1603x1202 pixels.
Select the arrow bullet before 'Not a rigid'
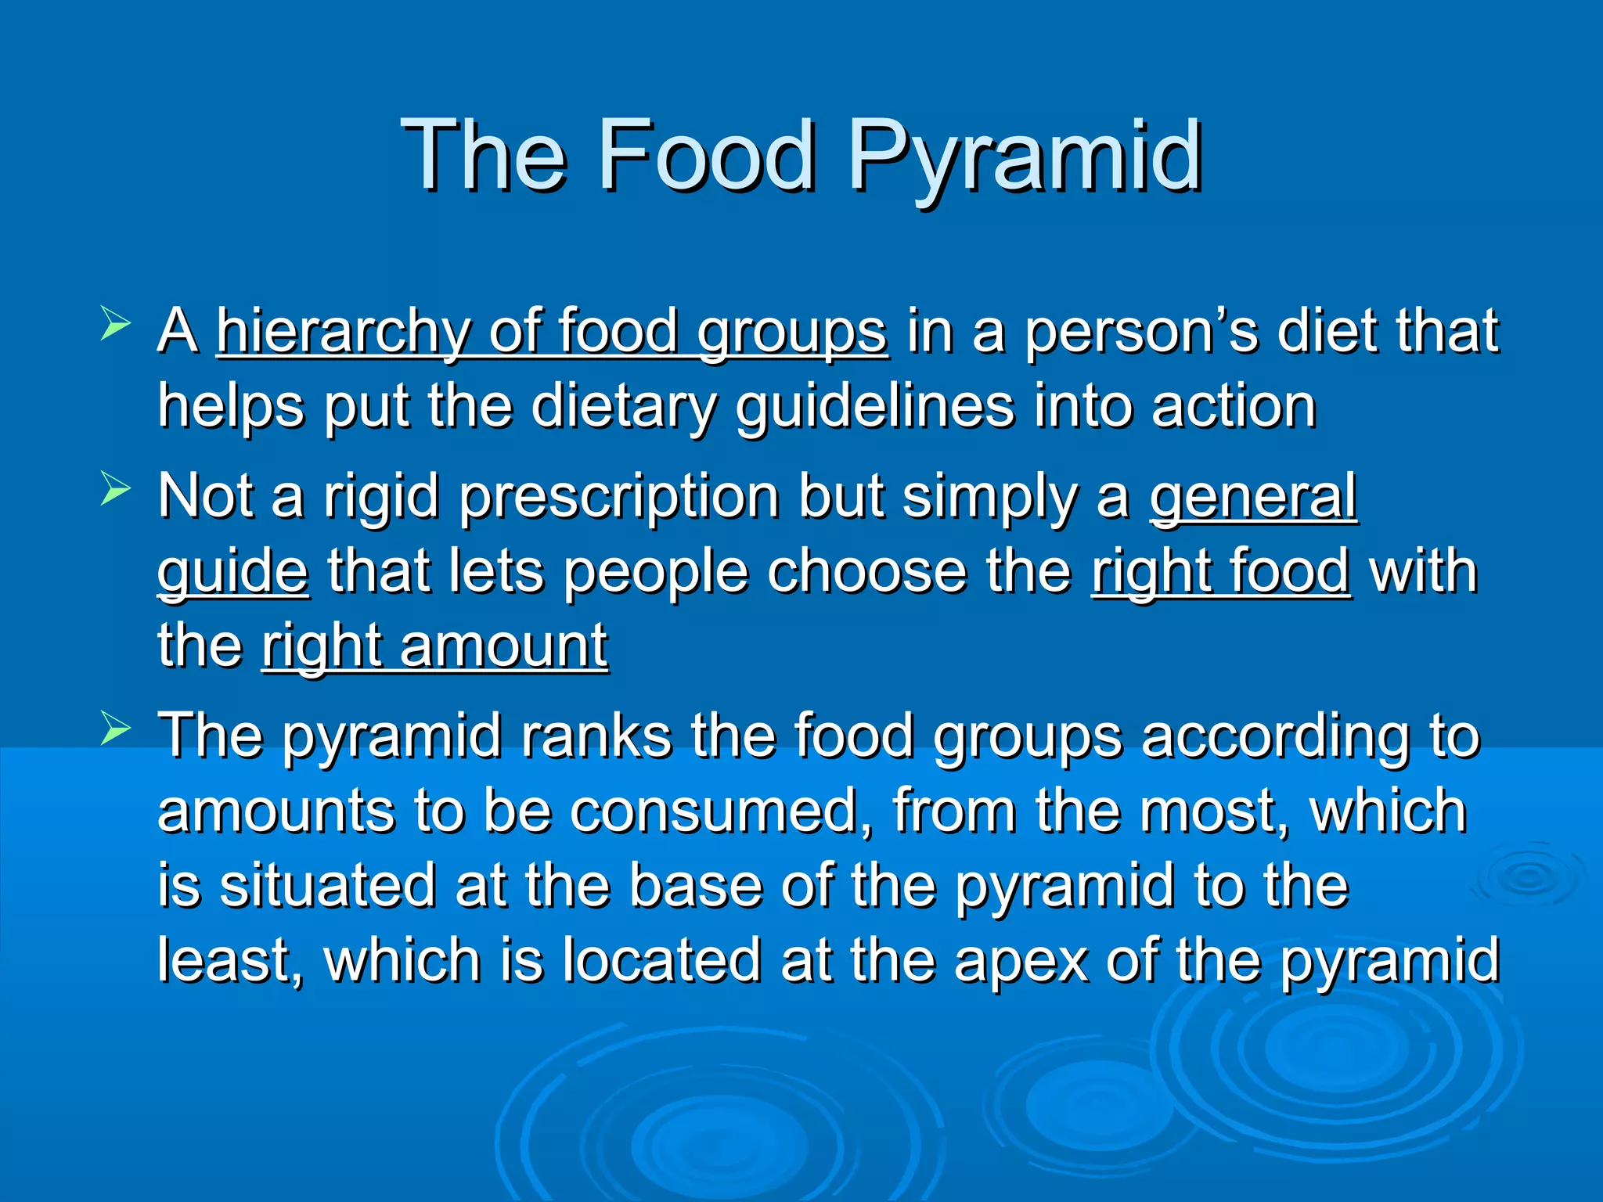[115, 491]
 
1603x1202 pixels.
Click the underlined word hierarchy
[342, 333]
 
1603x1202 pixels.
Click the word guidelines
[874, 407]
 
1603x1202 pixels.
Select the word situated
[326, 886]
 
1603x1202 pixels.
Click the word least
[227, 960]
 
